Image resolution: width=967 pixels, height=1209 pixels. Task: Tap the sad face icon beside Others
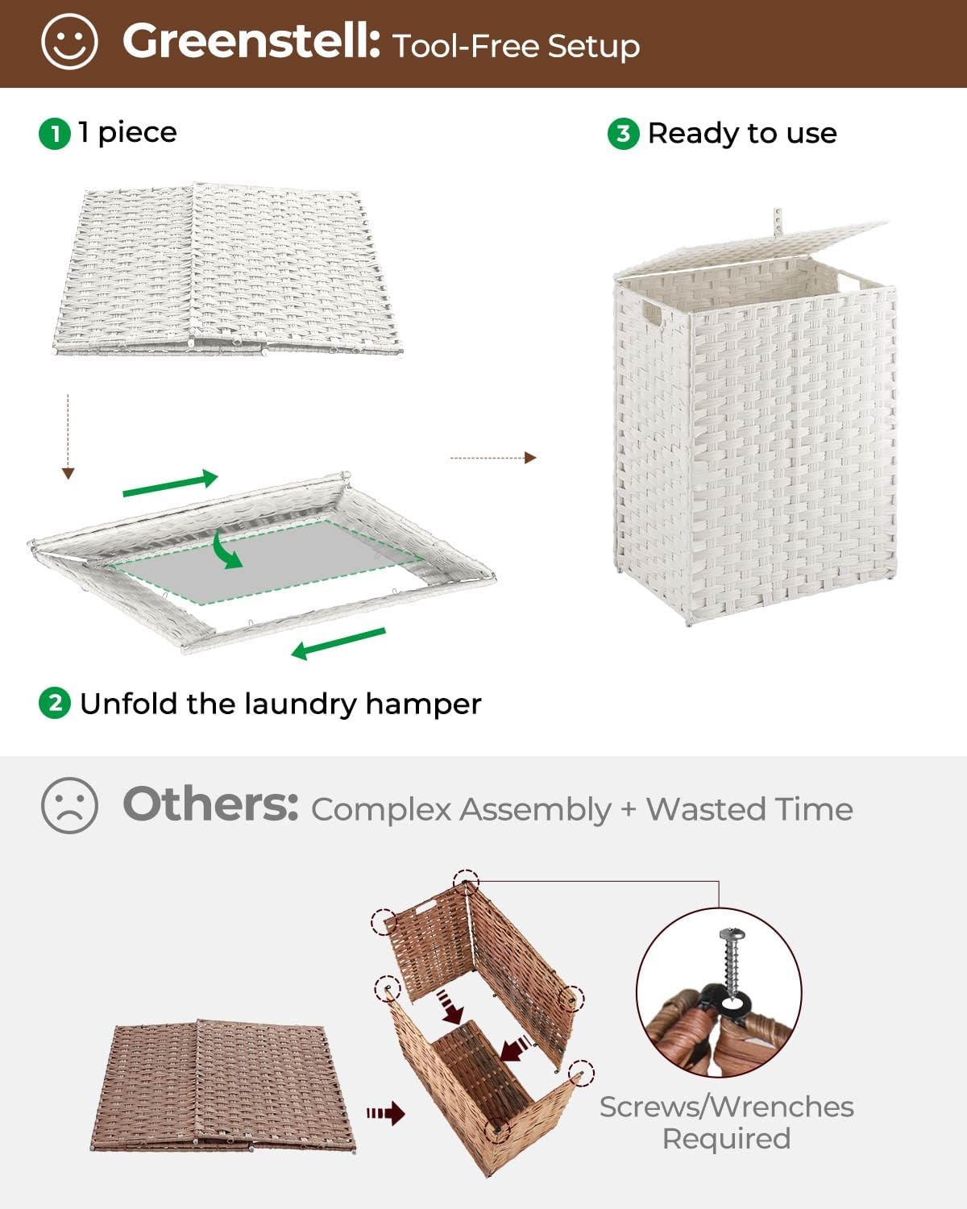(69, 805)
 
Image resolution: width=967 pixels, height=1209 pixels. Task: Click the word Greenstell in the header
(251, 41)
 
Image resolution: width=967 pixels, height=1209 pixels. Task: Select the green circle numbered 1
(55, 133)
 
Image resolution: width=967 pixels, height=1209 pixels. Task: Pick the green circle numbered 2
(55, 704)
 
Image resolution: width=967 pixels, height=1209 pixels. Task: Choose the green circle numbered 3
(623, 133)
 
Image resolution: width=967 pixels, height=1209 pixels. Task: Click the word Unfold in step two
(129, 704)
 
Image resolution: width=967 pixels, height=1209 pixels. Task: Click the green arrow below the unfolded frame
(338, 643)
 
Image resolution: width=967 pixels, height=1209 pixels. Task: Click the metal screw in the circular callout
(731, 963)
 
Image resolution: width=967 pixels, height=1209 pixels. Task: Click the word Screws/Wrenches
(726, 1107)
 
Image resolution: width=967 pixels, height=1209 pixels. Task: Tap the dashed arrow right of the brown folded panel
(385, 1114)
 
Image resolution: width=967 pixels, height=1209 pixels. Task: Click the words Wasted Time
(749, 809)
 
